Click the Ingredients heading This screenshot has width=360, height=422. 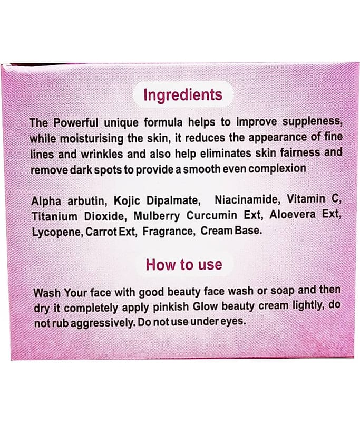click(183, 95)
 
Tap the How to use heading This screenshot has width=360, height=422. click(184, 265)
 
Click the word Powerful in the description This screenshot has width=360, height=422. click(76, 123)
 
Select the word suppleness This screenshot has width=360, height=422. click(312, 122)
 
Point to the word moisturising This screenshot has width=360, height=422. click(92, 139)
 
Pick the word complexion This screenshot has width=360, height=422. click(277, 169)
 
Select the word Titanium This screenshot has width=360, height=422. click(54, 216)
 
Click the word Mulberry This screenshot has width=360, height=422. click(157, 216)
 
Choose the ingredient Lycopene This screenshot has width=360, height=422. click(58, 232)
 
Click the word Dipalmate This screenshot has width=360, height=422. click(174, 200)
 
